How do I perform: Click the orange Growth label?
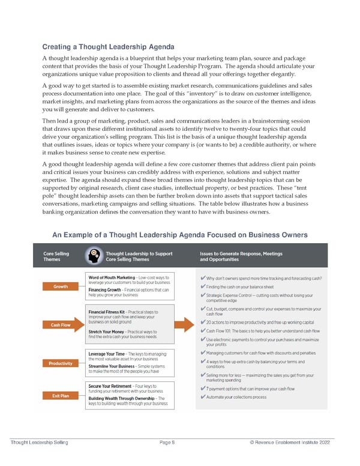[x=61, y=286]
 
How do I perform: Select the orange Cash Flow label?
[x=61, y=325]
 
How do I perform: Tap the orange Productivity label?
[x=61, y=363]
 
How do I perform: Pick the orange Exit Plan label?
[x=61, y=395]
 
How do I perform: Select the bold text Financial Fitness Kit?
[x=106, y=312]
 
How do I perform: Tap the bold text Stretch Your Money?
[x=107, y=332]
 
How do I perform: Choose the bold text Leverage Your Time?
[x=107, y=354]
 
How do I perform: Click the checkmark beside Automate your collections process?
[x=202, y=397]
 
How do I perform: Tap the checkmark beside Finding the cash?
[x=202, y=287]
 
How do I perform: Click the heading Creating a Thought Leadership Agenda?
[x=108, y=47]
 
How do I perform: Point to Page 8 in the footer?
[x=166, y=443]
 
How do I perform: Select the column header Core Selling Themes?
[x=56, y=257]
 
